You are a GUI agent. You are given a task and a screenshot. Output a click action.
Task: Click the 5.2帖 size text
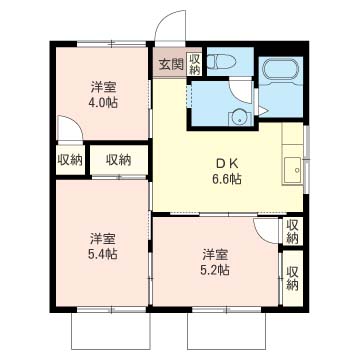point(214,269)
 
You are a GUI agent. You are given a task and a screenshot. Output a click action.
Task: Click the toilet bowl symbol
point(222,62)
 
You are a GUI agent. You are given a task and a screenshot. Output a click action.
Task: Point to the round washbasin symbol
point(240,117)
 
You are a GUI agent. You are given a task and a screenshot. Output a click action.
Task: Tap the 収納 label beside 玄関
point(194,65)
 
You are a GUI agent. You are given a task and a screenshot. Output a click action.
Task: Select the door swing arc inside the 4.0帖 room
point(68,130)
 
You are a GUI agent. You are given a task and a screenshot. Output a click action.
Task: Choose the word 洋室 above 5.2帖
point(214,253)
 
